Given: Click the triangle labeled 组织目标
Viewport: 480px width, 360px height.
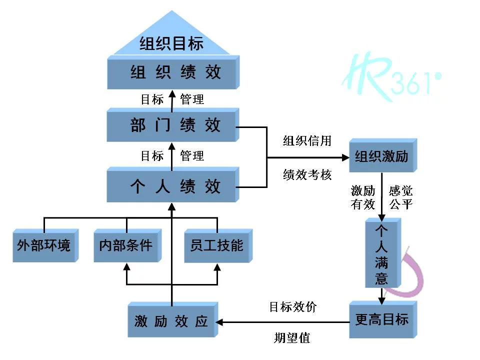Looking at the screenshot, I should pos(171,40).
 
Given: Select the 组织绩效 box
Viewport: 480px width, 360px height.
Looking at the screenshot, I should pos(173,73).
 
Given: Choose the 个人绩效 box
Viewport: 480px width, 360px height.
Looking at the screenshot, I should pos(173,186).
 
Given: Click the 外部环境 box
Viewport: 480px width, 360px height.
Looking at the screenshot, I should pos(45,245).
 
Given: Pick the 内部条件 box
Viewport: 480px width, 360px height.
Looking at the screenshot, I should pos(126,245).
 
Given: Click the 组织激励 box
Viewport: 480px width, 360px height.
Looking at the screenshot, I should pos(382,157).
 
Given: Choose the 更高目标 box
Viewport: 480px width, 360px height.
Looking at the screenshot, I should pos(382,319).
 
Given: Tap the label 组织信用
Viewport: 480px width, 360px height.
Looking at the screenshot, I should pos(307,140).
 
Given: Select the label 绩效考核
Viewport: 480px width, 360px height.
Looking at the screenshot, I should pos(307,175).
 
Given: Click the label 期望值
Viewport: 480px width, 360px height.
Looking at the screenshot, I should pos(292,338).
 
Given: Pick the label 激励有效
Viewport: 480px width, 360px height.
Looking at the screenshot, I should pos(363,197).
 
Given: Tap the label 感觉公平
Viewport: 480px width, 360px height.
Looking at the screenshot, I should pos(401,197).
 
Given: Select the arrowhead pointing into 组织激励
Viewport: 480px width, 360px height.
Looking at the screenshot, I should pos(345,157).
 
